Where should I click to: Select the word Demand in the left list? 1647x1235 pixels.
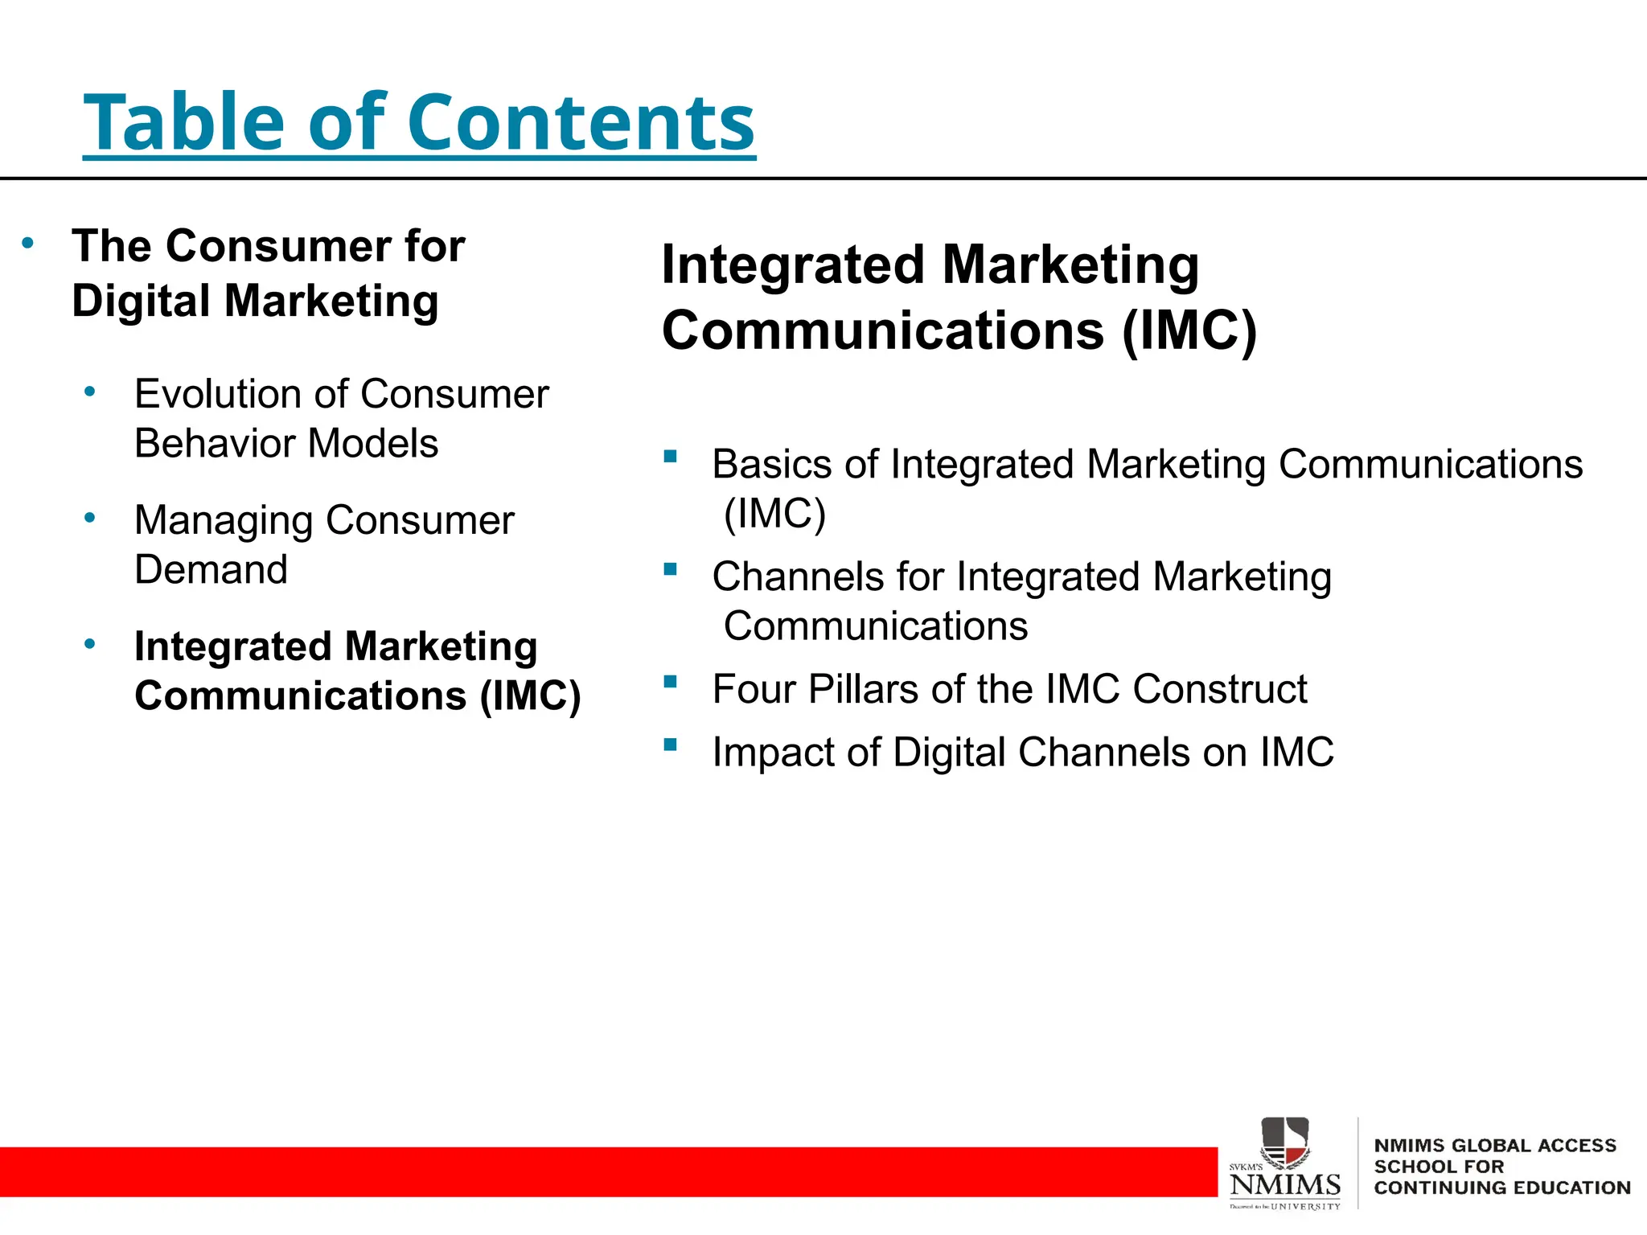(x=211, y=570)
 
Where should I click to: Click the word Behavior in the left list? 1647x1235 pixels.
(x=214, y=444)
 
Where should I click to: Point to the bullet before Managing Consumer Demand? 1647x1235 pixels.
(x=90, y=517)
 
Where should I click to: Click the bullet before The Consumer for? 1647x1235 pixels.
(x=28, y=243)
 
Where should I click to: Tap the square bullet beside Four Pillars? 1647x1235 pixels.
(x=670, y=682)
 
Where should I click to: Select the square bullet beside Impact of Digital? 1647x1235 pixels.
(x=670, y=745)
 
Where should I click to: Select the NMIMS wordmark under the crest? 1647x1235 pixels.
(x=1284, y=1184)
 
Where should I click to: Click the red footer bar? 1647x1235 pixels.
(x=603, y=1171)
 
